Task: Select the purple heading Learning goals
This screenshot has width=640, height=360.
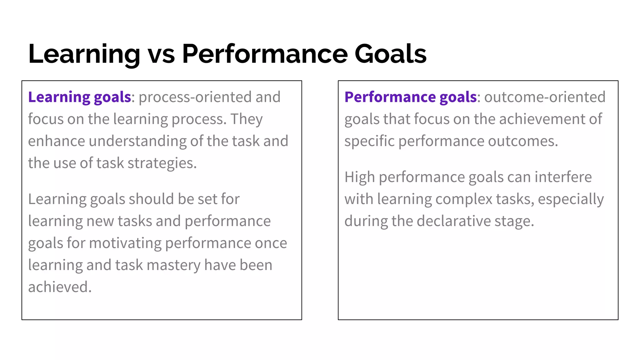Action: [79, 97]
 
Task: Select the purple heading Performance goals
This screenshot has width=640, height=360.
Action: [410, 97]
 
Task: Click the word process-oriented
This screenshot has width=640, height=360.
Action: [195, 97]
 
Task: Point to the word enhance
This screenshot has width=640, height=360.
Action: [56, 141]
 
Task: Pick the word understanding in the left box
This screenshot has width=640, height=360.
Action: [137, 141]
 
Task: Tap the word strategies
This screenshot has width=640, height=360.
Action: [162, 163]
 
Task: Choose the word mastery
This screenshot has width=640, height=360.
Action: [173, 265]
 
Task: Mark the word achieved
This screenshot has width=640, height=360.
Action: [59, 287]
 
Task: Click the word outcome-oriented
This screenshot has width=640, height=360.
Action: [545, 97]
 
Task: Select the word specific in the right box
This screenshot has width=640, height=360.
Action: [369, 141]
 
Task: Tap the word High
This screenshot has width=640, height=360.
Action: [359, 177]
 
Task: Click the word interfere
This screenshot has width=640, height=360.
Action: [563, 177]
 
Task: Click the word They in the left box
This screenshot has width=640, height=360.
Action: [247, 119]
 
